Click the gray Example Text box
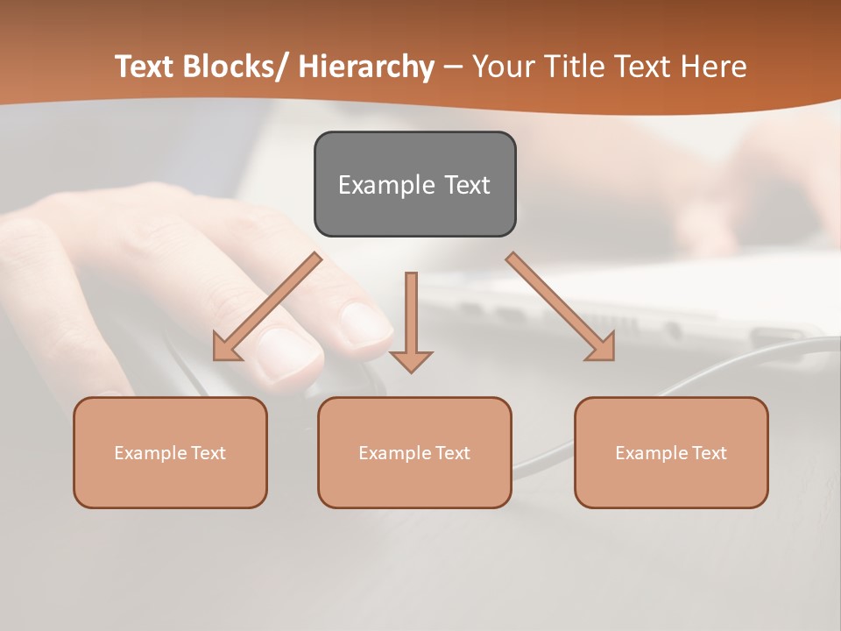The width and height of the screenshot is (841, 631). click(414, 184)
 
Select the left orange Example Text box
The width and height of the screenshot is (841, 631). click(170, 452)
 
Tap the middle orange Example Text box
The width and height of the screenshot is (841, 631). click(414, 452)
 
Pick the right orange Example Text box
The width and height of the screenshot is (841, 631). click(671, 452)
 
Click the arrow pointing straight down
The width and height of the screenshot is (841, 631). click(411, 321)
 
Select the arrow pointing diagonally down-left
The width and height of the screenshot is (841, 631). click(267, 307)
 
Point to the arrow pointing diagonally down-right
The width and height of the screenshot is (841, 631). click(561, 307)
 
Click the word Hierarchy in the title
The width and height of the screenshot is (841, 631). click(366, 67)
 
